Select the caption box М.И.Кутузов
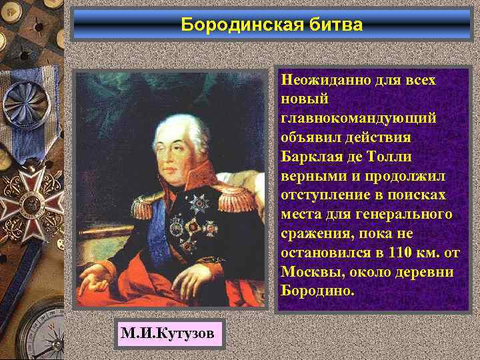coord(170,332)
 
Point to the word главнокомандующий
coord(359,117)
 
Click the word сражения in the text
coord(313,233)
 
